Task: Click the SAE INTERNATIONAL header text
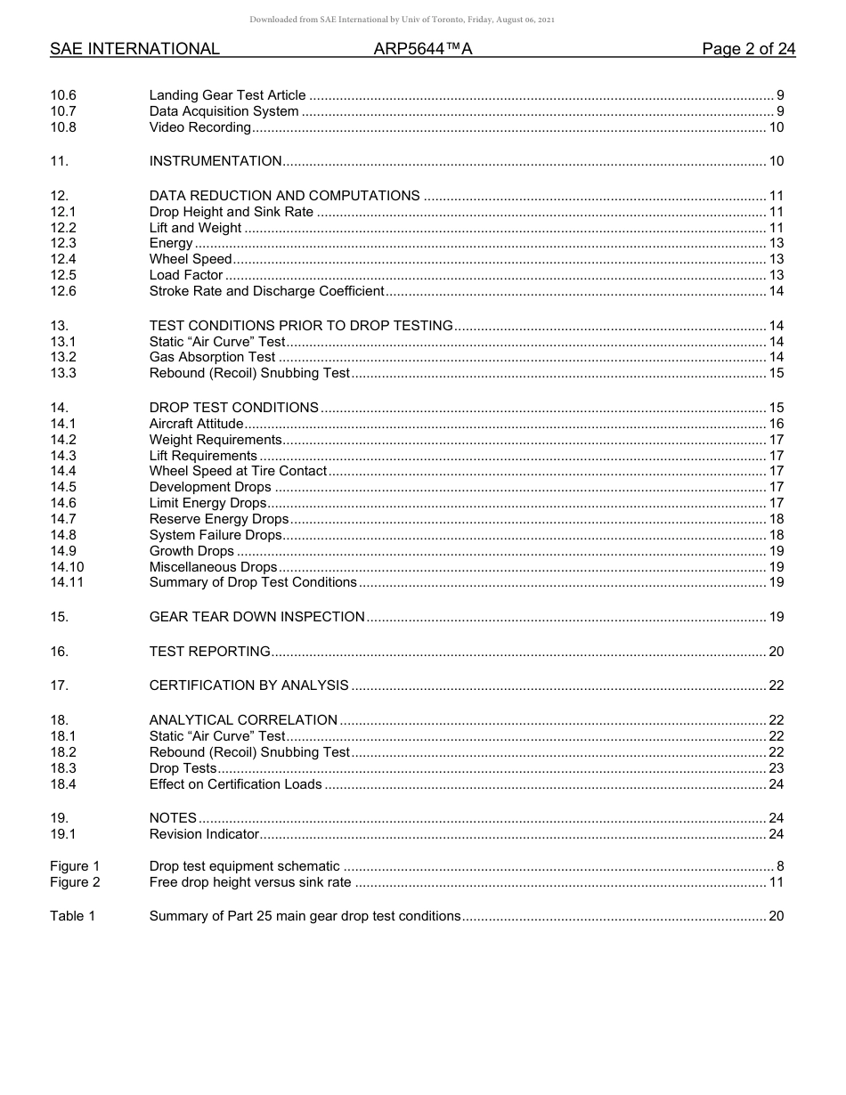[134, 49]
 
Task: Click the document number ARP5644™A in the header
[423, 49]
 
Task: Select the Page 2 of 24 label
[748, 49]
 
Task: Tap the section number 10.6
[63, 95]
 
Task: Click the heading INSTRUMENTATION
[216, 161]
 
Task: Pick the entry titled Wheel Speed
[191, 259]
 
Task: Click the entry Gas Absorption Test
[212, 357]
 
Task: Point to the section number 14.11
[67, 582]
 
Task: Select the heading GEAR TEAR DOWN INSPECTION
[256, 617]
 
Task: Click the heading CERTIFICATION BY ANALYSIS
[248, 685]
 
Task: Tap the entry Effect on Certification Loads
[235, 784]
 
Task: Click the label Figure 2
[75, 882]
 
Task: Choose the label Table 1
[72, 916]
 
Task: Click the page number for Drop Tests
[776, 768]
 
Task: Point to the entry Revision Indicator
[204, 834]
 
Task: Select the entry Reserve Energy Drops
[219, 519]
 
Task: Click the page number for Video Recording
[776, 127]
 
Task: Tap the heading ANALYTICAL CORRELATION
[243, 720]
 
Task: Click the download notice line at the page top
[403, 20]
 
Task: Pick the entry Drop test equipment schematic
[244, 866]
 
